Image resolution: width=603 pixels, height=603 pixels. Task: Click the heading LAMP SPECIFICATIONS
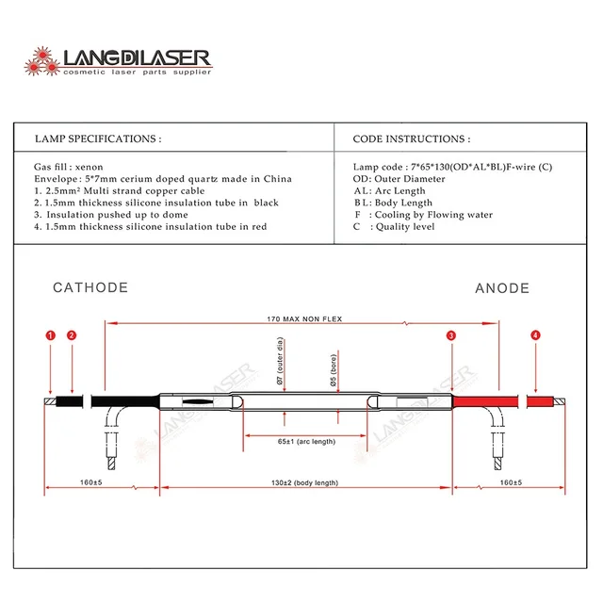pos(97,139)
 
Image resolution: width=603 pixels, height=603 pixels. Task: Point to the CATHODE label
pos(90,287)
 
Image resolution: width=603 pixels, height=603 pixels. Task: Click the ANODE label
pos(501,288)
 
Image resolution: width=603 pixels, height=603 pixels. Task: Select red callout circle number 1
pos(50,334)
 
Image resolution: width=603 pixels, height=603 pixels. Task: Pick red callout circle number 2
pos(72,334)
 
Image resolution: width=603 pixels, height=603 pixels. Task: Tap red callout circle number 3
pos(451,334)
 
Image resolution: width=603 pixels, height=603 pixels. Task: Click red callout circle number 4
pos(535,334)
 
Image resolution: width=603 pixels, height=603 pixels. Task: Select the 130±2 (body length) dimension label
pos(303,482)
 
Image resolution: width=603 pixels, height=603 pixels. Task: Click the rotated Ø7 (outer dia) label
pos(280,370)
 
